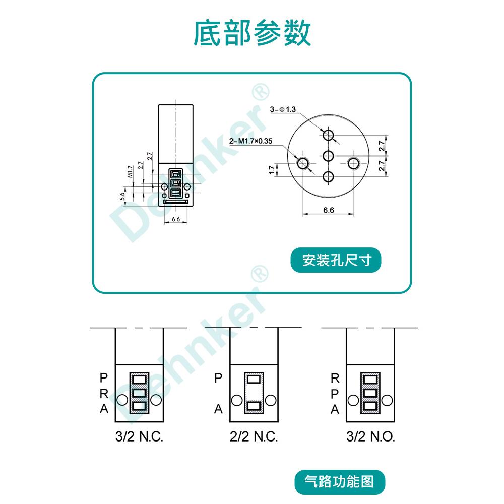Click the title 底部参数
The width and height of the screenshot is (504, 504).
(x=252, y=33)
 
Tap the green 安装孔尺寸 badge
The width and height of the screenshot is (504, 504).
(x=336, y=261)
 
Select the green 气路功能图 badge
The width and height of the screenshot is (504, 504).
(x=340, y=481)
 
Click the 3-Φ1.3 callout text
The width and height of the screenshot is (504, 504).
(x=283, y=109)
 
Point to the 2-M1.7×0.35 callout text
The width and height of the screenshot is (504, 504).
(x=250, y=141)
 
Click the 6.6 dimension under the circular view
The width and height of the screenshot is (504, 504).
(x=328, y=210)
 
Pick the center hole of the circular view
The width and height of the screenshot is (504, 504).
(x=329, y=156)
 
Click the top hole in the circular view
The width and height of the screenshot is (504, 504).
(x=329, y=135)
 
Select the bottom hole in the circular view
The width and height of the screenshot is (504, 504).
(x=329, y=177)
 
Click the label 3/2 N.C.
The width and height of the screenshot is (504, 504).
(x=139, y=436)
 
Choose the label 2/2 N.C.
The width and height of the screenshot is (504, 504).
(x=254, y=436)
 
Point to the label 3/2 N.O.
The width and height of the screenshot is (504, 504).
(x=370, y=436)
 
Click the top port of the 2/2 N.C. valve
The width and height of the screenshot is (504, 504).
(x=254, y=379)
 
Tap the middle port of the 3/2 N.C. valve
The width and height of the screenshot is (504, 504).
(x=139, y=392)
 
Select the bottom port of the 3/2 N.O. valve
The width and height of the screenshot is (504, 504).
(x=370, y=406)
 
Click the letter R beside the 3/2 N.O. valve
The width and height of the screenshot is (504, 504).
(x=335, y=377)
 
